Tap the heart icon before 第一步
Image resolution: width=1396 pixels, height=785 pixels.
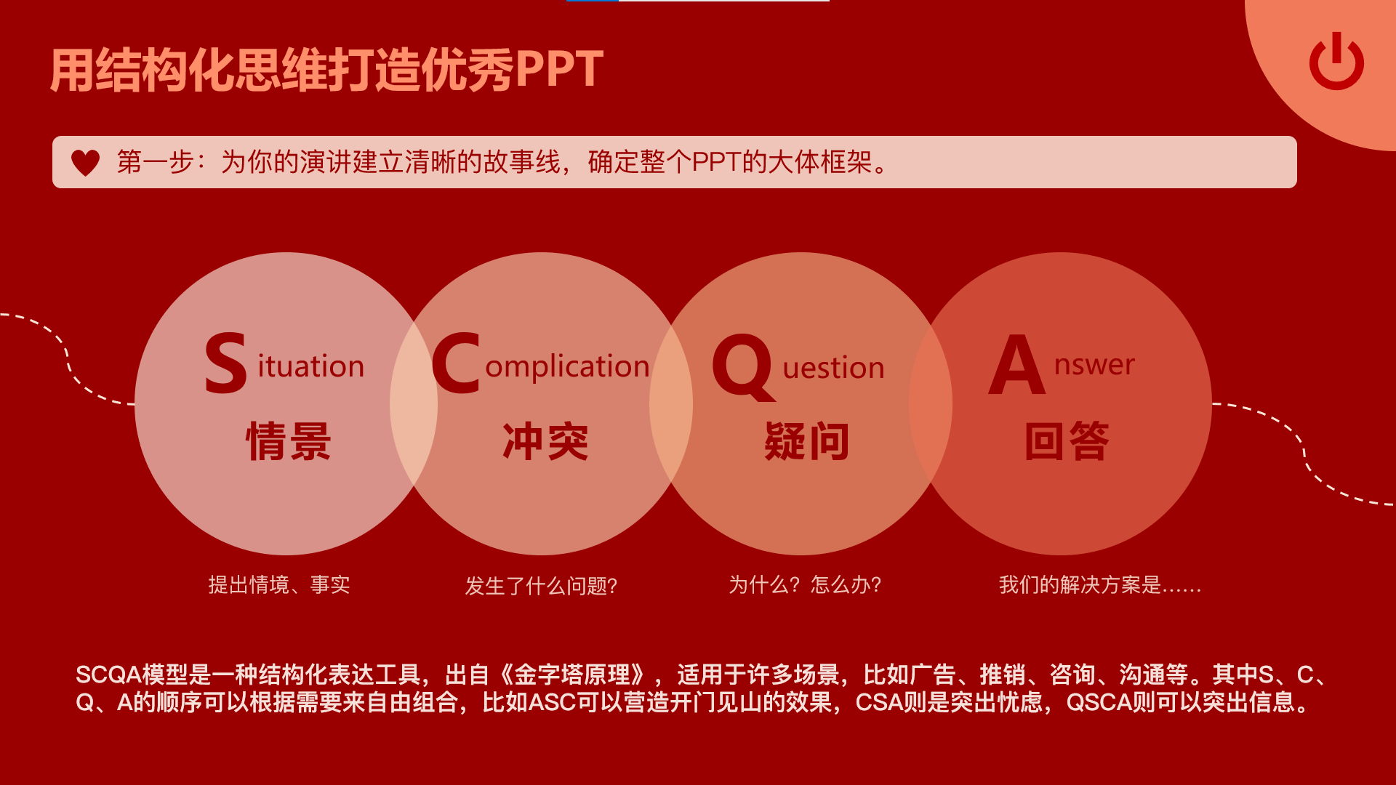[85, 163]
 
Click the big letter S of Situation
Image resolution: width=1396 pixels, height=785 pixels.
[225, 363]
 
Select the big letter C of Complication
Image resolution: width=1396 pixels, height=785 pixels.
[456, 363]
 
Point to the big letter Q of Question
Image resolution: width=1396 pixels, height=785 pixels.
[742, 366]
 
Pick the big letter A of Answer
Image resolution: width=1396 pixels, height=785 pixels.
[1016, 364]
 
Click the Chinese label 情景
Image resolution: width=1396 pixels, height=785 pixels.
[289, 441]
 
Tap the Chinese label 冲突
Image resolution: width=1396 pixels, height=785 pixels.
[545, 441]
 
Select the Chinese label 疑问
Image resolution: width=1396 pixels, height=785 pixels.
[806, 441]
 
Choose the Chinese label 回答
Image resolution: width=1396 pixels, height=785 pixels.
[1067, 441]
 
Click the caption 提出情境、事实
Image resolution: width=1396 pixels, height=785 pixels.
[279, 584]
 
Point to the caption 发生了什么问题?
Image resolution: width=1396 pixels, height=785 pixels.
[541, 586]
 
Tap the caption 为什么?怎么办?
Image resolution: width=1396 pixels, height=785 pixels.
[805, 584]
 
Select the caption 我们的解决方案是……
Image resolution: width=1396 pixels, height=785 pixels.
[1100, 584]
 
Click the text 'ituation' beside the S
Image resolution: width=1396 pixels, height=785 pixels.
[311, 366]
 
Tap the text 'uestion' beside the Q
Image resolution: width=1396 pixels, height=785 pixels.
[834, 368]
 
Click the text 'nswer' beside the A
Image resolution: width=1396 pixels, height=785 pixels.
[1094, 365]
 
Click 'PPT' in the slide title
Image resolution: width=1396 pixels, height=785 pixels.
[559, 70]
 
